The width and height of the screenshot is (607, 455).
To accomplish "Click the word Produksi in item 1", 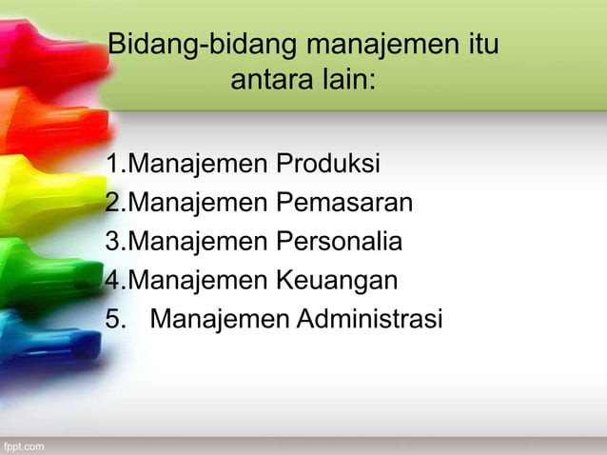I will pos(327,165).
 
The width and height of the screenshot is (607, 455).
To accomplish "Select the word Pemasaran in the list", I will pos(343,203).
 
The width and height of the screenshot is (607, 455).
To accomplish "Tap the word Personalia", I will pos(339,242).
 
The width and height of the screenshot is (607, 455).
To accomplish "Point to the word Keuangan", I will pos(337,281).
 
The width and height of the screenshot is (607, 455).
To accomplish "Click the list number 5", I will pos(115,319).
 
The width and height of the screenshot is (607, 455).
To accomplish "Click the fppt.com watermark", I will pos(22,445).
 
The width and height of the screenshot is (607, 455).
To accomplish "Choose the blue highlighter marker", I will pos(43,328).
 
